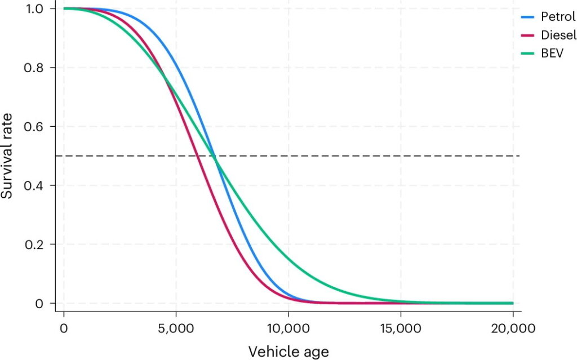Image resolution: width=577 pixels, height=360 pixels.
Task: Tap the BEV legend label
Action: point(551,54)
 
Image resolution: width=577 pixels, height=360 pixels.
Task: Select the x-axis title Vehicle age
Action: point(288,352)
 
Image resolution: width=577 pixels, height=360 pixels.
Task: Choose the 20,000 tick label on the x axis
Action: point(512,328)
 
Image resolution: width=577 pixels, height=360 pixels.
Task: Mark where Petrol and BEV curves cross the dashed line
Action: point(215,156)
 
